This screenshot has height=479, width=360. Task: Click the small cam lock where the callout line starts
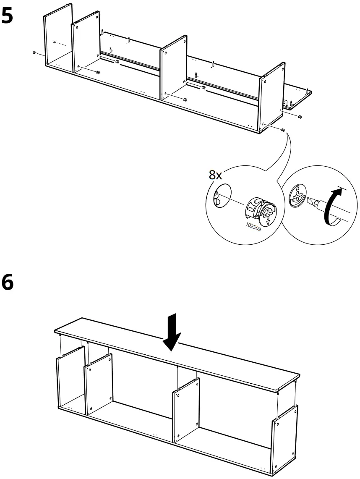(x=283, y=130)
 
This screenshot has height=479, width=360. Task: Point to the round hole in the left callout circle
(x=222, y=194)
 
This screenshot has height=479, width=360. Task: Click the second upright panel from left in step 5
(x=86, y=46)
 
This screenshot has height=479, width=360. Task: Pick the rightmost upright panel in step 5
(x=272, y=97)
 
